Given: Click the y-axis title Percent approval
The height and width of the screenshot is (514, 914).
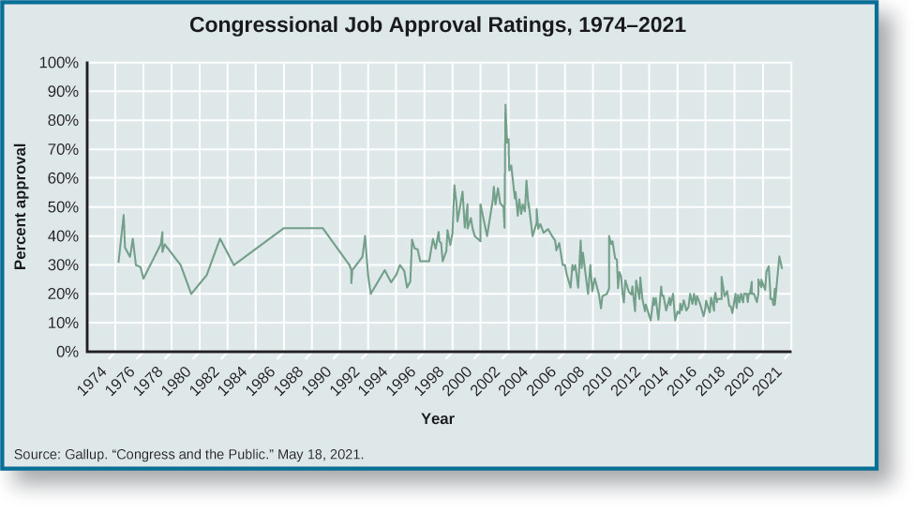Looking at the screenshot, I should coord(20,206).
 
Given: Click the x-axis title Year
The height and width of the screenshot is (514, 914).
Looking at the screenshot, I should coord(437,418).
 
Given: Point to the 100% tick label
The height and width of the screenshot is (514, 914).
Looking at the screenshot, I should coord(58,63).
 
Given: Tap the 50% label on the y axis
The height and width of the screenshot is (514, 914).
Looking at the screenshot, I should coord(62,207).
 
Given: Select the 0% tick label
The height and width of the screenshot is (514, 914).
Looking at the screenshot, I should coord(66,353).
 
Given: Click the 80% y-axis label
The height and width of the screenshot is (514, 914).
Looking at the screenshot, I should coord(62,121).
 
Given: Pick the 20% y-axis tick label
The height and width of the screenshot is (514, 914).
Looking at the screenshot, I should coord(62,295).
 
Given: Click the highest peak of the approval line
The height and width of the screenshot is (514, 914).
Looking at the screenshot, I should coord(506,105).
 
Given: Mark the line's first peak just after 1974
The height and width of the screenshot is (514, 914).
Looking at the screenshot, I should coord(124,216).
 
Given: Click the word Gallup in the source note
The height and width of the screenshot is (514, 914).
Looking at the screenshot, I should coord(85,455).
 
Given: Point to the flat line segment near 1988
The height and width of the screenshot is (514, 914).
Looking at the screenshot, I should coord(304,228).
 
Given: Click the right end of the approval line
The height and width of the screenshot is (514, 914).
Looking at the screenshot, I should coord(782,268).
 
